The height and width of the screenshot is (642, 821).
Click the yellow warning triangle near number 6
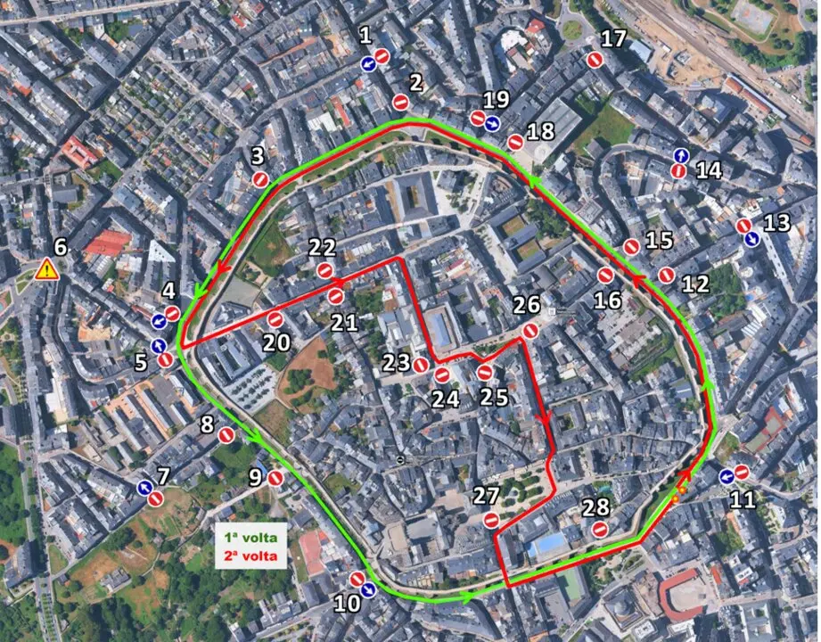[x=46, y=268]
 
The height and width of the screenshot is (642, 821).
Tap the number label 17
[x=613, y=38]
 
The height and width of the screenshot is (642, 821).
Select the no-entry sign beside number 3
[x=260, y=179]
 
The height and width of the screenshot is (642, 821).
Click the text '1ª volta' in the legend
[x=250, y=538]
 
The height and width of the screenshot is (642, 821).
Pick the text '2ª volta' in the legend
[x=250, y=556]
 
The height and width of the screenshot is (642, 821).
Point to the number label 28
[x=595, y=507]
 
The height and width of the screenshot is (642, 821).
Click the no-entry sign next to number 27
[x=490, y=520]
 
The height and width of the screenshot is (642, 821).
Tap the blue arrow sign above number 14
[x=680, y=155]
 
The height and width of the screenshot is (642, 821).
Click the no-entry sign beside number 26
[x=530, y=331]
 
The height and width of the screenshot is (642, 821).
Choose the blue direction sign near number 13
[x=751, y=239]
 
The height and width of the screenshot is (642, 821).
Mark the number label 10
[x=347, y=604]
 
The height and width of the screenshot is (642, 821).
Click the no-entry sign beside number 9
[x=275, y=478]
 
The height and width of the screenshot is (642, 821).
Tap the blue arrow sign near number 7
[x=144, y=487]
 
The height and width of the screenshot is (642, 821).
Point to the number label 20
[x=276, y=342]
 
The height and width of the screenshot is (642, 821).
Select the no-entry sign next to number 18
[x=515, y=142]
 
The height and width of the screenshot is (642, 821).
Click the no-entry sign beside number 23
[x=420, y=363]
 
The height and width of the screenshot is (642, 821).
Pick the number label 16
[x=607, y=300]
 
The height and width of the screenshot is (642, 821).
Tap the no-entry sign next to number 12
[x=666, y=275]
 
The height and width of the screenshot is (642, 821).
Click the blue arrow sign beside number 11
[x=727, y=476]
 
